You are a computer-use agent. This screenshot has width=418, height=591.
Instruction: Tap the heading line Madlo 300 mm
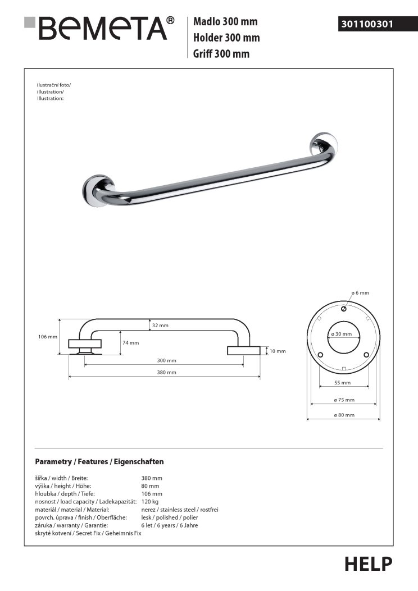click(225, 22)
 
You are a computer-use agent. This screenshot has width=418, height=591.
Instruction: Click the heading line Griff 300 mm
click(221, 54)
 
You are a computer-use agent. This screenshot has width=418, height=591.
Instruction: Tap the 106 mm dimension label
click(48, 337)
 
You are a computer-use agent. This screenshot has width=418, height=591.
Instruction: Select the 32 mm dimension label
click(160, 326)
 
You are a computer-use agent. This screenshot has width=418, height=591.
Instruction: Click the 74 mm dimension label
click(130, 343)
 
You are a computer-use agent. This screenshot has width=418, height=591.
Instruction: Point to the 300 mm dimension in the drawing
click(167, 360)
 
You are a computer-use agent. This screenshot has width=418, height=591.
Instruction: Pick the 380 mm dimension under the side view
click(167, 372)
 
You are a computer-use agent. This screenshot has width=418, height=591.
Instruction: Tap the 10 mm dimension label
click(278, 351)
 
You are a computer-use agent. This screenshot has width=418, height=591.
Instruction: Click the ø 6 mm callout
click(360, 293)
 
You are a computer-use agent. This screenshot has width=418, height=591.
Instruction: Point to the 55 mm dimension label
click(342, 383)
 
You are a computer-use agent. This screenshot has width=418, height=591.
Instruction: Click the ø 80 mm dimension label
click(344, 415)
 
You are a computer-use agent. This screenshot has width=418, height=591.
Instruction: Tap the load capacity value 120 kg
click(151, 502)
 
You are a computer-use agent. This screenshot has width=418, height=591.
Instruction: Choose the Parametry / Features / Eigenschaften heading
click(99, 462)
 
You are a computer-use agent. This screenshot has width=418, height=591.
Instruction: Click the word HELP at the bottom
click(369, 563)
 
